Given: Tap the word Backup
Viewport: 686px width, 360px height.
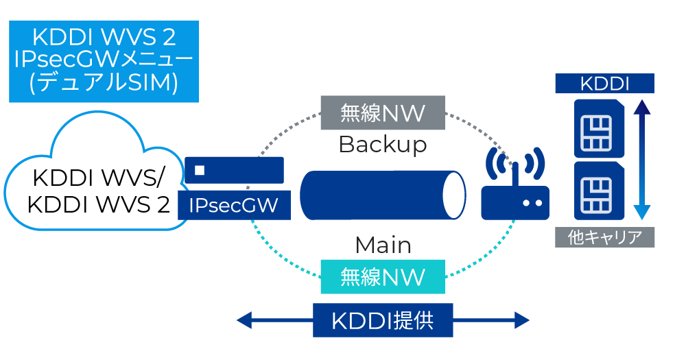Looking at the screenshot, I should tap(382, 145).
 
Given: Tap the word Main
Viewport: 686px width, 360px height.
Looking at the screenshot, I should tap(383, 245).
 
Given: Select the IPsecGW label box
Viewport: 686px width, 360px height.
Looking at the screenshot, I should tap(234, 206).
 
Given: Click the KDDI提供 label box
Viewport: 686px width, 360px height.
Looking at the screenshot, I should tap(383, 320).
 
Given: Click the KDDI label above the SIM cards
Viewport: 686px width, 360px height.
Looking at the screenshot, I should tap(604, 84).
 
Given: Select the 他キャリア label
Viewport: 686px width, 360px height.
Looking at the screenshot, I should tap(604, 237).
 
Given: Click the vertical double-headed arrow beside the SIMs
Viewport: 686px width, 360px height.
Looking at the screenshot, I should tap(641, 160).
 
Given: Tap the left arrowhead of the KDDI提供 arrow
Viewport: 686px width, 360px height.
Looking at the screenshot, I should tap(244, 320).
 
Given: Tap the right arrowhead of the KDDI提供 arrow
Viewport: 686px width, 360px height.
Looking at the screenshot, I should tap(522, 320).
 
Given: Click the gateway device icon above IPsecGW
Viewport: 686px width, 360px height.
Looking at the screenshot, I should tap(234, 170).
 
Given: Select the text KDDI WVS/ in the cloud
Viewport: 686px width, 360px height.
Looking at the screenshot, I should tap(97, 178).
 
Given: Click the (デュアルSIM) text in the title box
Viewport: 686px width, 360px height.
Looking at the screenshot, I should tap(104, 83).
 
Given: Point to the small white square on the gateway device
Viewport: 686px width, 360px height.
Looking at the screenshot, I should tap(199, 169).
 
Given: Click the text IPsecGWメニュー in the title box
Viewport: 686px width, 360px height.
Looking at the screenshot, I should tap(104, 59).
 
